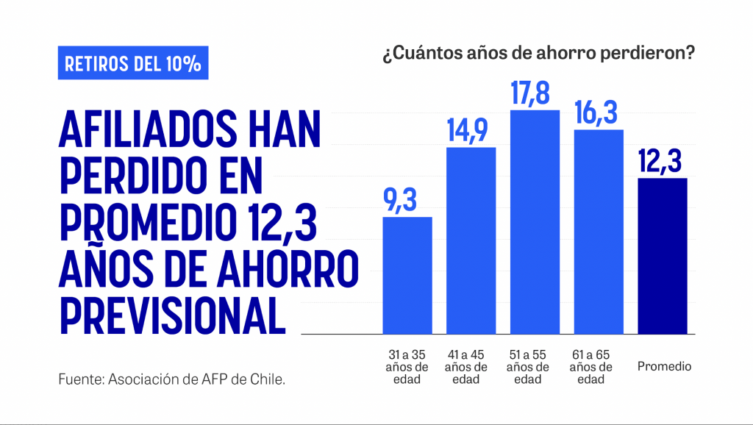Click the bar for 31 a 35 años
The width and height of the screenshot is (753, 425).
click(407, 275)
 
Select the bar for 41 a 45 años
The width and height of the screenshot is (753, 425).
click(471, 240)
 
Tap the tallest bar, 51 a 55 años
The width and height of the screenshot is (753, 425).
click(535, 222)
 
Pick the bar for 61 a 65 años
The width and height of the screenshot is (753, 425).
click(599, 232)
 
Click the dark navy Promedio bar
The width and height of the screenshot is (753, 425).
click(663, 256)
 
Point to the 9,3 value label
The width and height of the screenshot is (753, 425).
click(407, 200)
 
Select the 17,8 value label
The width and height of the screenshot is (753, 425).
click(535, 95)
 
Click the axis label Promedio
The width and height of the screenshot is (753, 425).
click(664, 366)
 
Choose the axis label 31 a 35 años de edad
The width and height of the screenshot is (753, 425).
click(407, 367)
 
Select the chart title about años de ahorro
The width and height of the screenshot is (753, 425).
click(538, 54)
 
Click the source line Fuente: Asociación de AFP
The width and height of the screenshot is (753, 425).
click(171, 380)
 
